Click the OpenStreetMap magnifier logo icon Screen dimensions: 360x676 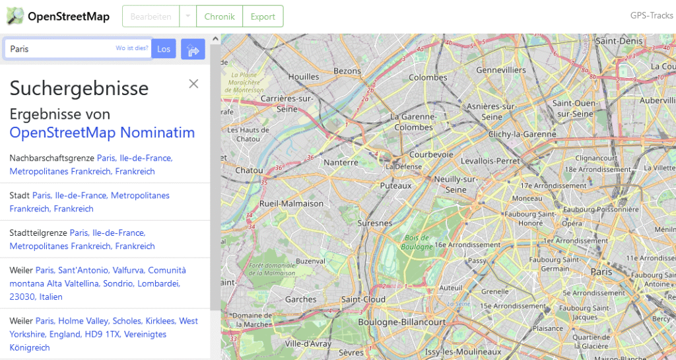tap(15, 16)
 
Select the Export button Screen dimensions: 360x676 tap(263, 17)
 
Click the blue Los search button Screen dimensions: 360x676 tap(164, 49)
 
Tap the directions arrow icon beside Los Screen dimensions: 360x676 tap(193, 50)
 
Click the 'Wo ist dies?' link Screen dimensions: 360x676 tap(132, 49)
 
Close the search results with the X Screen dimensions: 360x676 tap(193, 83)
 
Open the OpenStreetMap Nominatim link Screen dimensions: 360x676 tap(102, 133)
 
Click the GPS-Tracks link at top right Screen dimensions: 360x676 tap(652, 16)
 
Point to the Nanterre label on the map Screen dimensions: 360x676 tap(341, 162)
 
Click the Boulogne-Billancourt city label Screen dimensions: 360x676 tap(402, 322)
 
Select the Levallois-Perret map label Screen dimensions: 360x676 tap(490, 161)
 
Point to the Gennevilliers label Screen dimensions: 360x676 tap(501, 70)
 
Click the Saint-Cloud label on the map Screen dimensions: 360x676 tap(363, 299)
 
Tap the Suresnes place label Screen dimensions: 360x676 tap(375, 223)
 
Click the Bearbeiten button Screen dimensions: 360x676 tap(151, 17)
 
